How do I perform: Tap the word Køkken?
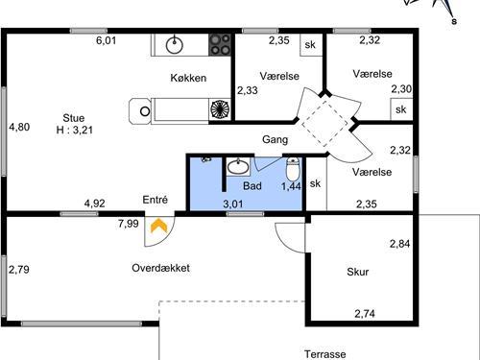coord(189,79)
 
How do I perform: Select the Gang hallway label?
coord(276,140)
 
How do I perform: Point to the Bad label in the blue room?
coord(252,185)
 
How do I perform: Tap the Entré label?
coord(156,199)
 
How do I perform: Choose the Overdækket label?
coord(160,268)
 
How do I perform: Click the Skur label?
coord(358,272)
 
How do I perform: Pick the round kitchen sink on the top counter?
coord(176,44)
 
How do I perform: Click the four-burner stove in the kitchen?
coord(221,44)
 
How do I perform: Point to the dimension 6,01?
coord(106,40)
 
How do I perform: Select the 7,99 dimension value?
coord(128,224)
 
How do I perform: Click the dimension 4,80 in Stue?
coord(19,126)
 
